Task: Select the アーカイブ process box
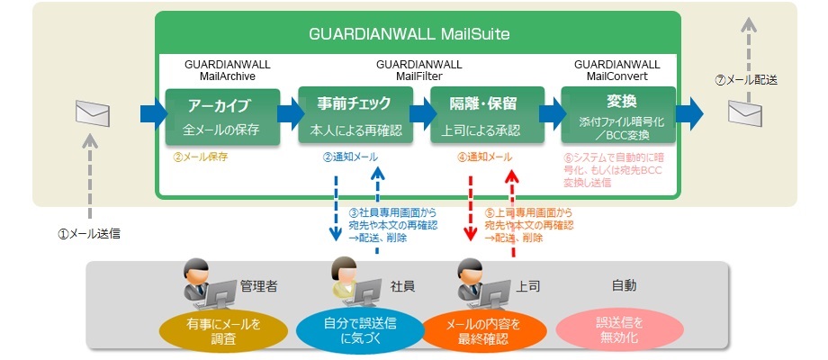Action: (x=221, y=116)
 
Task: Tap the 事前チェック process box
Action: (x=355, y=116)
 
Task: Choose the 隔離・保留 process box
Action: (x=487, y=116)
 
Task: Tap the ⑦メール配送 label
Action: (x=746, y=79)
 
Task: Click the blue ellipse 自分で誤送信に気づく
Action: (x=357, y=330)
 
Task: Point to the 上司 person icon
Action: (x=477, y=283)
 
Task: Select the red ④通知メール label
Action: (x=484, y=157)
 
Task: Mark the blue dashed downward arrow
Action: (x=335, y=208)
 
